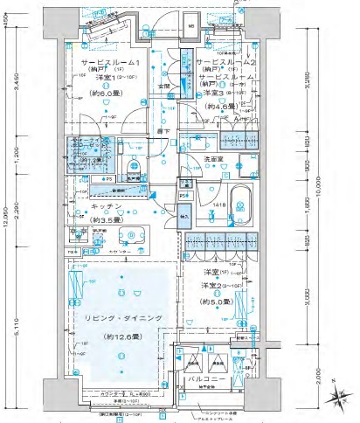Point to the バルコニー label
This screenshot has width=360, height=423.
pyautogui.click(x=212, y=380)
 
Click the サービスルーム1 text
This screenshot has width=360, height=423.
pyautogui.click(x=111, y=65)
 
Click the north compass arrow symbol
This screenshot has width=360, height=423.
pyautogui.click(x=336, y=399)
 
